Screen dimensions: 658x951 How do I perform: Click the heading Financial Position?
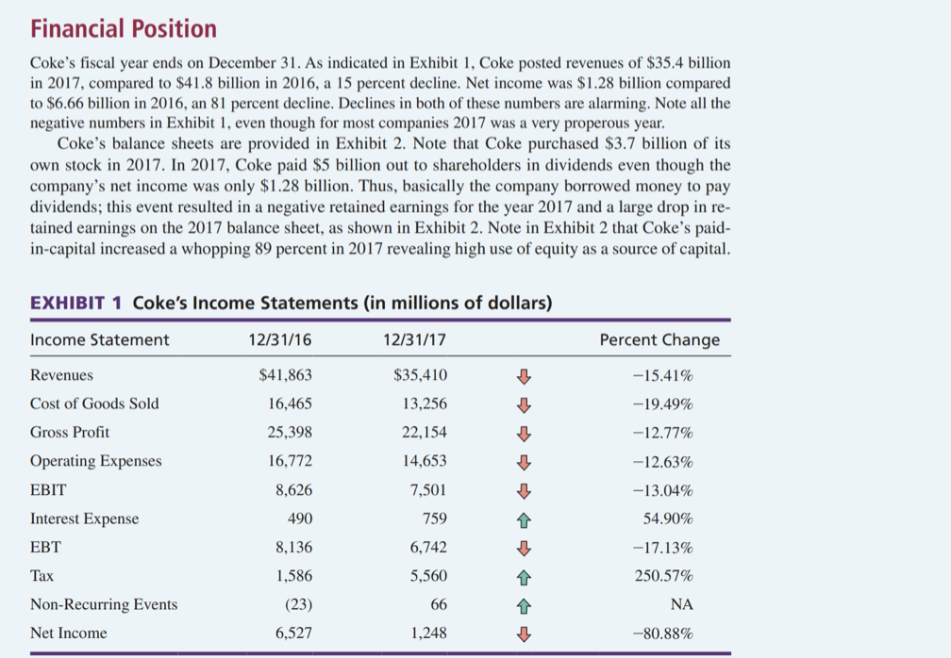coord(124,29)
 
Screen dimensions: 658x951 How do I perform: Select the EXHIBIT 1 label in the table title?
coord(77,304)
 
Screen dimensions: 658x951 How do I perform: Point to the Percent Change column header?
coord(659,340)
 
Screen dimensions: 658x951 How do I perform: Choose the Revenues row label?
coord(62,375)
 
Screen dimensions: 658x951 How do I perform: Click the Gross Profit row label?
coord(70,433)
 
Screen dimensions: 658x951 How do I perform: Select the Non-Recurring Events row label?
coord(104,604)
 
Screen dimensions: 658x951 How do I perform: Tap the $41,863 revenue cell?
coord(285,375)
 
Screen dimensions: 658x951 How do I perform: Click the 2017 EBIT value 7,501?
coord(428,490)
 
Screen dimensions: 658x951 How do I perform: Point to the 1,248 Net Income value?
coord(428,633)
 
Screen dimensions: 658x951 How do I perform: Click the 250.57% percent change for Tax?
coord(666,576)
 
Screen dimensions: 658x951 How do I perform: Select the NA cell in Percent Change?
coord(683,604)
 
